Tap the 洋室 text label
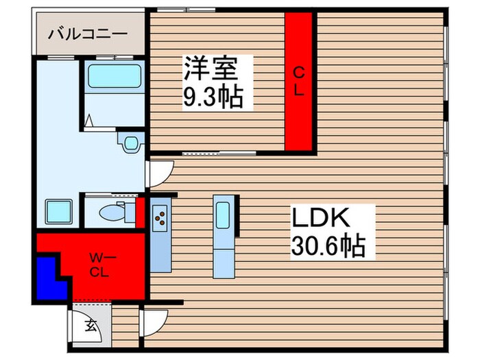[x=211, y=71]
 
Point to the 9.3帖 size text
[x=212, y=99]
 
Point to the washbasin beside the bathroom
[x=128, y=143]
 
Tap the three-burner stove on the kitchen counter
[x=160, y=218]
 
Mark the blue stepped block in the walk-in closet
[x=50, y=276]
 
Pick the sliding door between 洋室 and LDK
[x=219, y=153]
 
